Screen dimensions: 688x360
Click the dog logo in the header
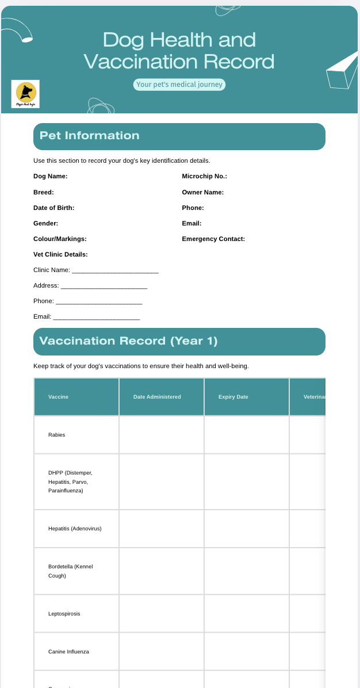click(25, 94)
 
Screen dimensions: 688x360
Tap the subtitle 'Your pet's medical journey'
click(179, 85)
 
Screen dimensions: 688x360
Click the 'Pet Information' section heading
click(90, 136)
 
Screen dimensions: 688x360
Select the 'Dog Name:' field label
click(51, 176)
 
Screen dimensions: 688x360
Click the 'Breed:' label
click(44, 192)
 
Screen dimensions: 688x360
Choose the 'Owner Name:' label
click(203, 192)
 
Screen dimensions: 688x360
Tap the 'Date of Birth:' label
click(54, 208)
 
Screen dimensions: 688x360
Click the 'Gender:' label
click(46, 223)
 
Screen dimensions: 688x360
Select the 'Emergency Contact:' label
click(213, 239)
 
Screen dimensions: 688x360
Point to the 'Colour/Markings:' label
click(60, 239)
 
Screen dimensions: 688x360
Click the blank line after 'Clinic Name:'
click(115, 270)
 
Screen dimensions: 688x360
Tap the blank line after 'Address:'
click(104, 286)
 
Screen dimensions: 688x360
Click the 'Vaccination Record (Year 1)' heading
click(128, 341)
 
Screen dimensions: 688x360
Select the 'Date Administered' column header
click(157, 397)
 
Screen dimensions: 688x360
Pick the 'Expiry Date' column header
click(233, 397)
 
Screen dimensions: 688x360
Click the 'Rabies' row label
click(57, 435)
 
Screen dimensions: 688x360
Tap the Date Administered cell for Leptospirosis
click(162, 614)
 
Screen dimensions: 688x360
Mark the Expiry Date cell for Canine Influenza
click(247, 652)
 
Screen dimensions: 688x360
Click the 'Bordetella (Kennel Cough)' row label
click(70, 571)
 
